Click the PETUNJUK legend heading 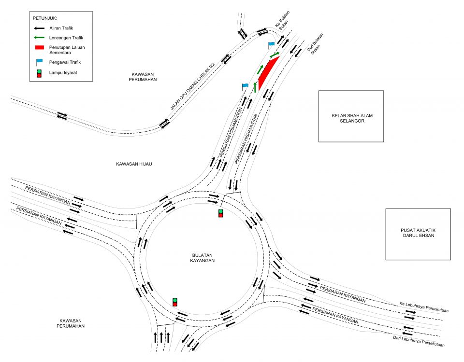pos(44,18)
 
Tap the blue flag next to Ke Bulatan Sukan pos(272,45)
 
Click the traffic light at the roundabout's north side pos(221,213)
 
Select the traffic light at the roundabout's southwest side pos(175,302)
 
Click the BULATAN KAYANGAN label pos(201,257)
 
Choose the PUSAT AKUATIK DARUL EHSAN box pos(418,234)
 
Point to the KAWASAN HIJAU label pos(134,164)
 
